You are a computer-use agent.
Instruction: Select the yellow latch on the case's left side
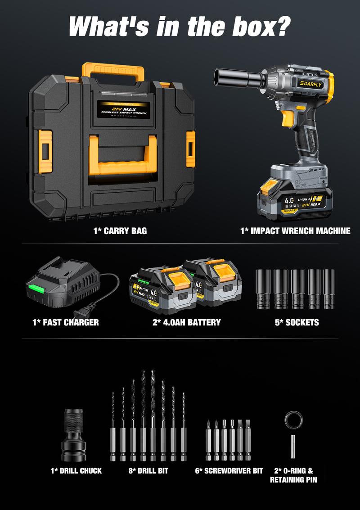coord(45,145)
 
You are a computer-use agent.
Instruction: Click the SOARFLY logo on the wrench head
coord(311,83)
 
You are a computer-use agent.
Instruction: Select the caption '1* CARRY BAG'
coord(120,231)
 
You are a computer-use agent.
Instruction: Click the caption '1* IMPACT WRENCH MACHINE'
coord(295,231)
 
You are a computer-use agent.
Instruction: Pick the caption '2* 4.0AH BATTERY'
coord(187,322)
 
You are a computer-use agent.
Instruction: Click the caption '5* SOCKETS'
coord(296,322)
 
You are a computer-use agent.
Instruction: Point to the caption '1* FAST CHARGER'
coord(65,322)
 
